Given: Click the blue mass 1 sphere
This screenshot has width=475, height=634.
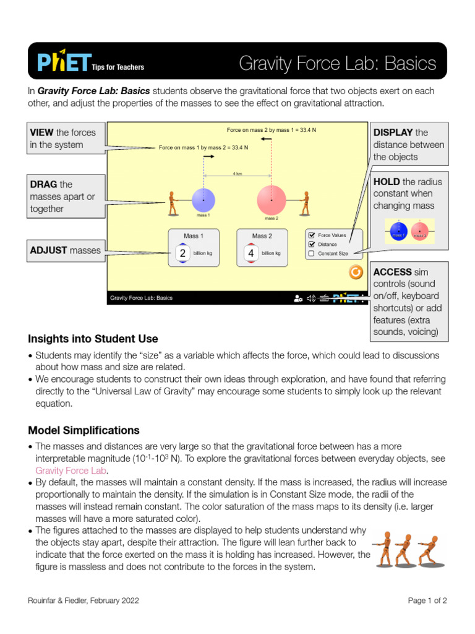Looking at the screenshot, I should [203, 201].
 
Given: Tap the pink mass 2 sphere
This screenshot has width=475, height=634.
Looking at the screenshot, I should [272, 201].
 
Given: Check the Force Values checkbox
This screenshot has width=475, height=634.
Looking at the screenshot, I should [311, 235].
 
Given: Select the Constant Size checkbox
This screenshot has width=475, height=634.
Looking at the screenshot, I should [311, 253].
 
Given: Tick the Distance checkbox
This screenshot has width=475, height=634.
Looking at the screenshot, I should [311, 244].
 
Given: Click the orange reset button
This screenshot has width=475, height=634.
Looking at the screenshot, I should [356, 272].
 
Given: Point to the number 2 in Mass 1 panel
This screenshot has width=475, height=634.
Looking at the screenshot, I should [182, 253].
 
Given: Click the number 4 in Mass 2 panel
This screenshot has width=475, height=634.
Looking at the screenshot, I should [251, 253].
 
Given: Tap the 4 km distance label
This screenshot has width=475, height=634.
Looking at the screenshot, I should [237, 174].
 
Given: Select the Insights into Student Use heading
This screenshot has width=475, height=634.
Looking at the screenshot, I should [93, 339].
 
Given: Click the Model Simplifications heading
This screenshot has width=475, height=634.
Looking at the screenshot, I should [83, 430].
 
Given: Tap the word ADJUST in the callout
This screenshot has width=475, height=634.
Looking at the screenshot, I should [48, 251].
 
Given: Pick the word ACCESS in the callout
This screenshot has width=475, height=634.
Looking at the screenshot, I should [392, 272].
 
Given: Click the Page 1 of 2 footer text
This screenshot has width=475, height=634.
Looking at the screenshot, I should [427, 600].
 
